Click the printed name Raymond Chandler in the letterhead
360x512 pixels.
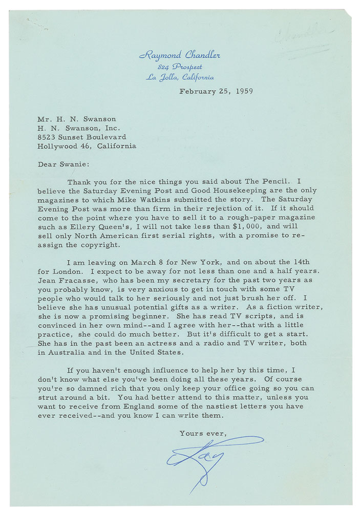[x=179, y=55]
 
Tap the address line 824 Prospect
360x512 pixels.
[x=180, y=67]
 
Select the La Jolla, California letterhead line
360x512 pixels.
[x=180, y=77]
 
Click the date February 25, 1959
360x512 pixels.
[x=216, y=92]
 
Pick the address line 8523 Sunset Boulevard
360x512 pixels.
[x=81, y=137]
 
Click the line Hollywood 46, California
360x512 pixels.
[x=87, y=146]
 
